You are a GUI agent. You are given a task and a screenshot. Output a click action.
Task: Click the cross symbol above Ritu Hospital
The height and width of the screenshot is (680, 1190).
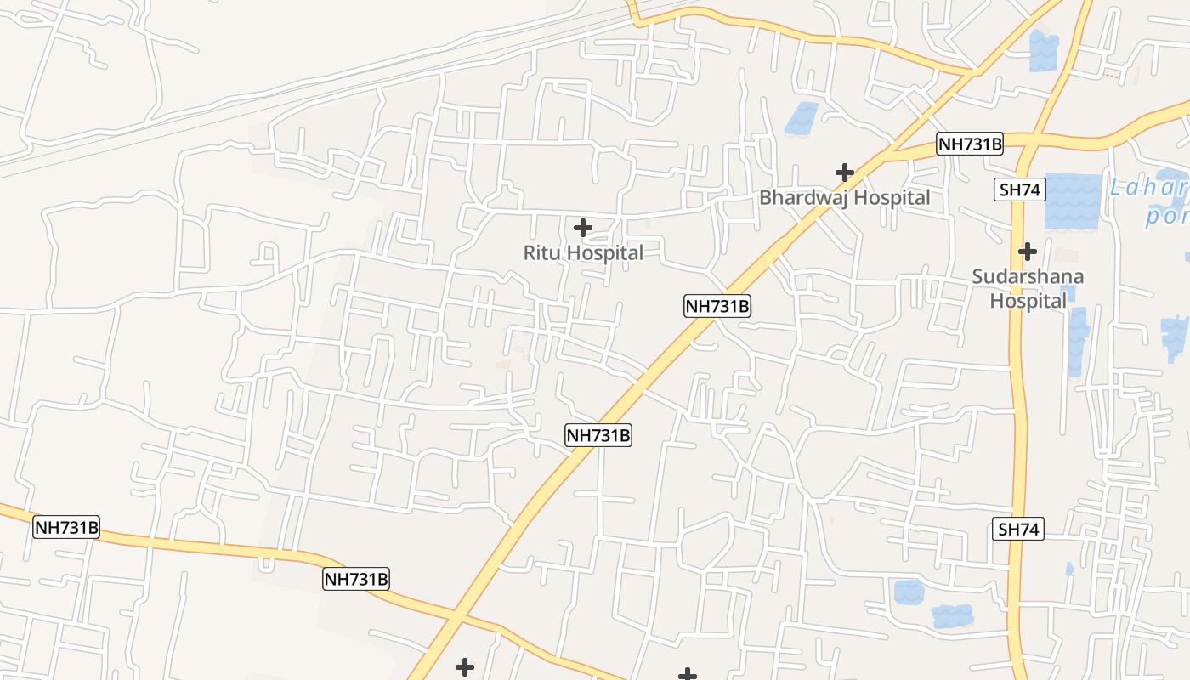tap(583, 228)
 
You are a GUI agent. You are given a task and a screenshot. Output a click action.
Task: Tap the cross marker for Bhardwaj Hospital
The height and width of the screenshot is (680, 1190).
tap(844, 173)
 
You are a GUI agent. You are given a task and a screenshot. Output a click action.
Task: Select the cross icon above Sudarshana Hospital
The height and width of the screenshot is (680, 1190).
tap(1028, 252)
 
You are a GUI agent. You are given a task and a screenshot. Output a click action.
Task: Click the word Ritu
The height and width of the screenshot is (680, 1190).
tap(542, 252)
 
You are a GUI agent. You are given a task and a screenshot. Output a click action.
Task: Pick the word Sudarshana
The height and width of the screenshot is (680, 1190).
tap(1028, 276)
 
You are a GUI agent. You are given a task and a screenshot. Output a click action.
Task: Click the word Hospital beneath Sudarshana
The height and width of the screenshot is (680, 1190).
tap(1028, 301)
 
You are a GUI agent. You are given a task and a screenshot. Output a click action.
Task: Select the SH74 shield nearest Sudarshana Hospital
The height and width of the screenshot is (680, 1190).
tap(1020, 190)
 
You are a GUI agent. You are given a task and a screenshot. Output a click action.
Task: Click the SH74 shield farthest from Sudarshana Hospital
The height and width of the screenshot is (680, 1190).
tap(1018, 530)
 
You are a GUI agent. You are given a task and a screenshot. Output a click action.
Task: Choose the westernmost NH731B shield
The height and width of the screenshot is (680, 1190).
tap(66, 527)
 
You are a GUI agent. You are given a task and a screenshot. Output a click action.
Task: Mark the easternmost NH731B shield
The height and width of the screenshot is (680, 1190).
tap(970, 144)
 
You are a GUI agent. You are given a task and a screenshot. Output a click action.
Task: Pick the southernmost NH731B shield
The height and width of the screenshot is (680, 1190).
tap(356, 580)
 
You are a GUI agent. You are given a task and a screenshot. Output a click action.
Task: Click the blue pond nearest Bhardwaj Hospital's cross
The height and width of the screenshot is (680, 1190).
tap(801, 118)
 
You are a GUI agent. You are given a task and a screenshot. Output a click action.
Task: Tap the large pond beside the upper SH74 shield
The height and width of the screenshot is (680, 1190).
tap(1073, 201)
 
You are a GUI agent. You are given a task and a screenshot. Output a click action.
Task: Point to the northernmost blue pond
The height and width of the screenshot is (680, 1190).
tap(1043, 50)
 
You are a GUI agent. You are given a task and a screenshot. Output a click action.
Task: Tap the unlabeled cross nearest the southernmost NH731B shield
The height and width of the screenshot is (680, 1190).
tap(465, 667)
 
